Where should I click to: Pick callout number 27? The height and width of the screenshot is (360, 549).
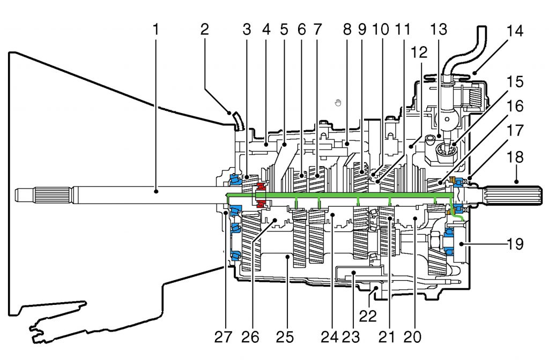tap(224, 338)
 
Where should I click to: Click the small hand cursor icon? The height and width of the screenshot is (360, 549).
tap(338, 102)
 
